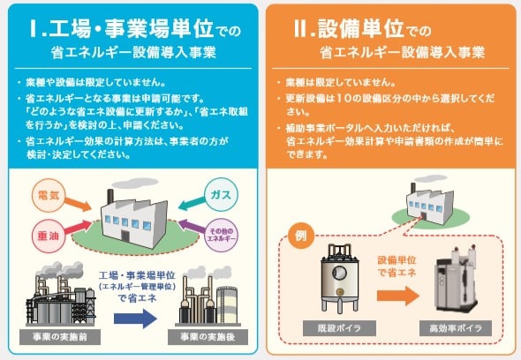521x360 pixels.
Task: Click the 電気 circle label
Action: (48, 195)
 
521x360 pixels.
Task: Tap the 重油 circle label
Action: (49, 236)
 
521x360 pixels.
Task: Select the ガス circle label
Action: (222, 195)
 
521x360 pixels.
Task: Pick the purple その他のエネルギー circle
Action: (221, 235)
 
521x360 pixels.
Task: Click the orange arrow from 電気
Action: (78, 204)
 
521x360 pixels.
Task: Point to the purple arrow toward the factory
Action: (192, 226)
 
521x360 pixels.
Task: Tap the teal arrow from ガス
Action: (192, 203)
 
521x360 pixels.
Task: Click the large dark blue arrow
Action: (135, 319)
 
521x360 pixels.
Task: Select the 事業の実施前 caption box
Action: (60, 337)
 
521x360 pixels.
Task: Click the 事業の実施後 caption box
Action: (208, 337)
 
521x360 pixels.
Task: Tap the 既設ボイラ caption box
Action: (339, 328)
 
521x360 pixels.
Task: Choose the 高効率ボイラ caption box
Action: (456, 328)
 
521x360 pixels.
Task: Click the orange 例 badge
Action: (301, 236)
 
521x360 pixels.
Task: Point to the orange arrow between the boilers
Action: (398, 296)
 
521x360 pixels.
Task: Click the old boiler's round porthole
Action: (339, 273)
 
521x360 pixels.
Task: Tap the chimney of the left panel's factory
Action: (110, 199)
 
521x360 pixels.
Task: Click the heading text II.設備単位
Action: (349, 28)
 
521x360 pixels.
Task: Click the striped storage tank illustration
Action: (227, 305)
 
